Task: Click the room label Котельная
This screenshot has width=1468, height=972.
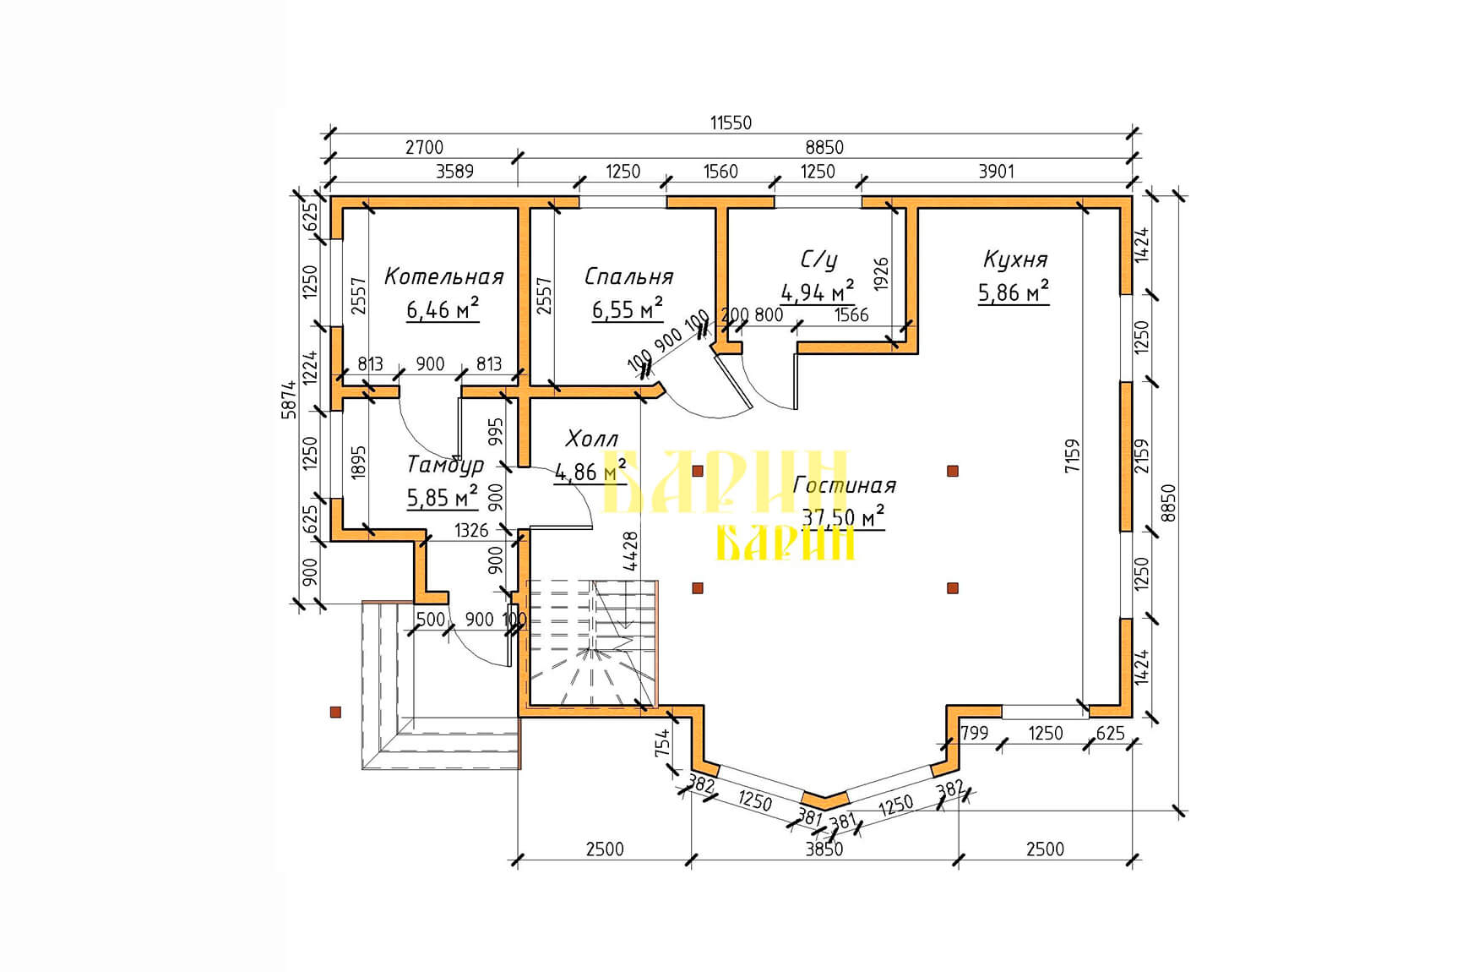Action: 443,276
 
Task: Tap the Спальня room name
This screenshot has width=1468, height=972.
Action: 628,276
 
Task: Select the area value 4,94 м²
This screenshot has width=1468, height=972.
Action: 817,292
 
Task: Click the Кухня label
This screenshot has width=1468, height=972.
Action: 1015,259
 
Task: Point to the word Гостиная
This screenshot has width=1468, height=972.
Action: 845,485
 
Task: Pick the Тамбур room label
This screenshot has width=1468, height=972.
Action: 445,464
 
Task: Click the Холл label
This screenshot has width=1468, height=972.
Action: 591,439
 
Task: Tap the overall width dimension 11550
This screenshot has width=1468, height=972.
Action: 731,123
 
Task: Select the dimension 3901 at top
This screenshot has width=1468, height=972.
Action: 996,172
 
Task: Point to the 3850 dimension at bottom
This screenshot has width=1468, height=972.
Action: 824,849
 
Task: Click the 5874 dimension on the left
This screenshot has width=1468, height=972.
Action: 290,399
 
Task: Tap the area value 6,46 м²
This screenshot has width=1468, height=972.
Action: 443,309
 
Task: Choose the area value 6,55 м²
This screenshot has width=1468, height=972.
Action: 627,309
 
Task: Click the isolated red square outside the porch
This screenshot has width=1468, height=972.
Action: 335,713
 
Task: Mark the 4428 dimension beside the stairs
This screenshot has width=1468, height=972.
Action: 630,551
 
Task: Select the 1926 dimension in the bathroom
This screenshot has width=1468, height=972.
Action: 882,275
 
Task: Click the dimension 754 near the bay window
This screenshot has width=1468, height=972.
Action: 663,743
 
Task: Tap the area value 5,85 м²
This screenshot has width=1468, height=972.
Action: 443,497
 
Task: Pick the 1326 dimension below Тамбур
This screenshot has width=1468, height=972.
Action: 471,531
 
